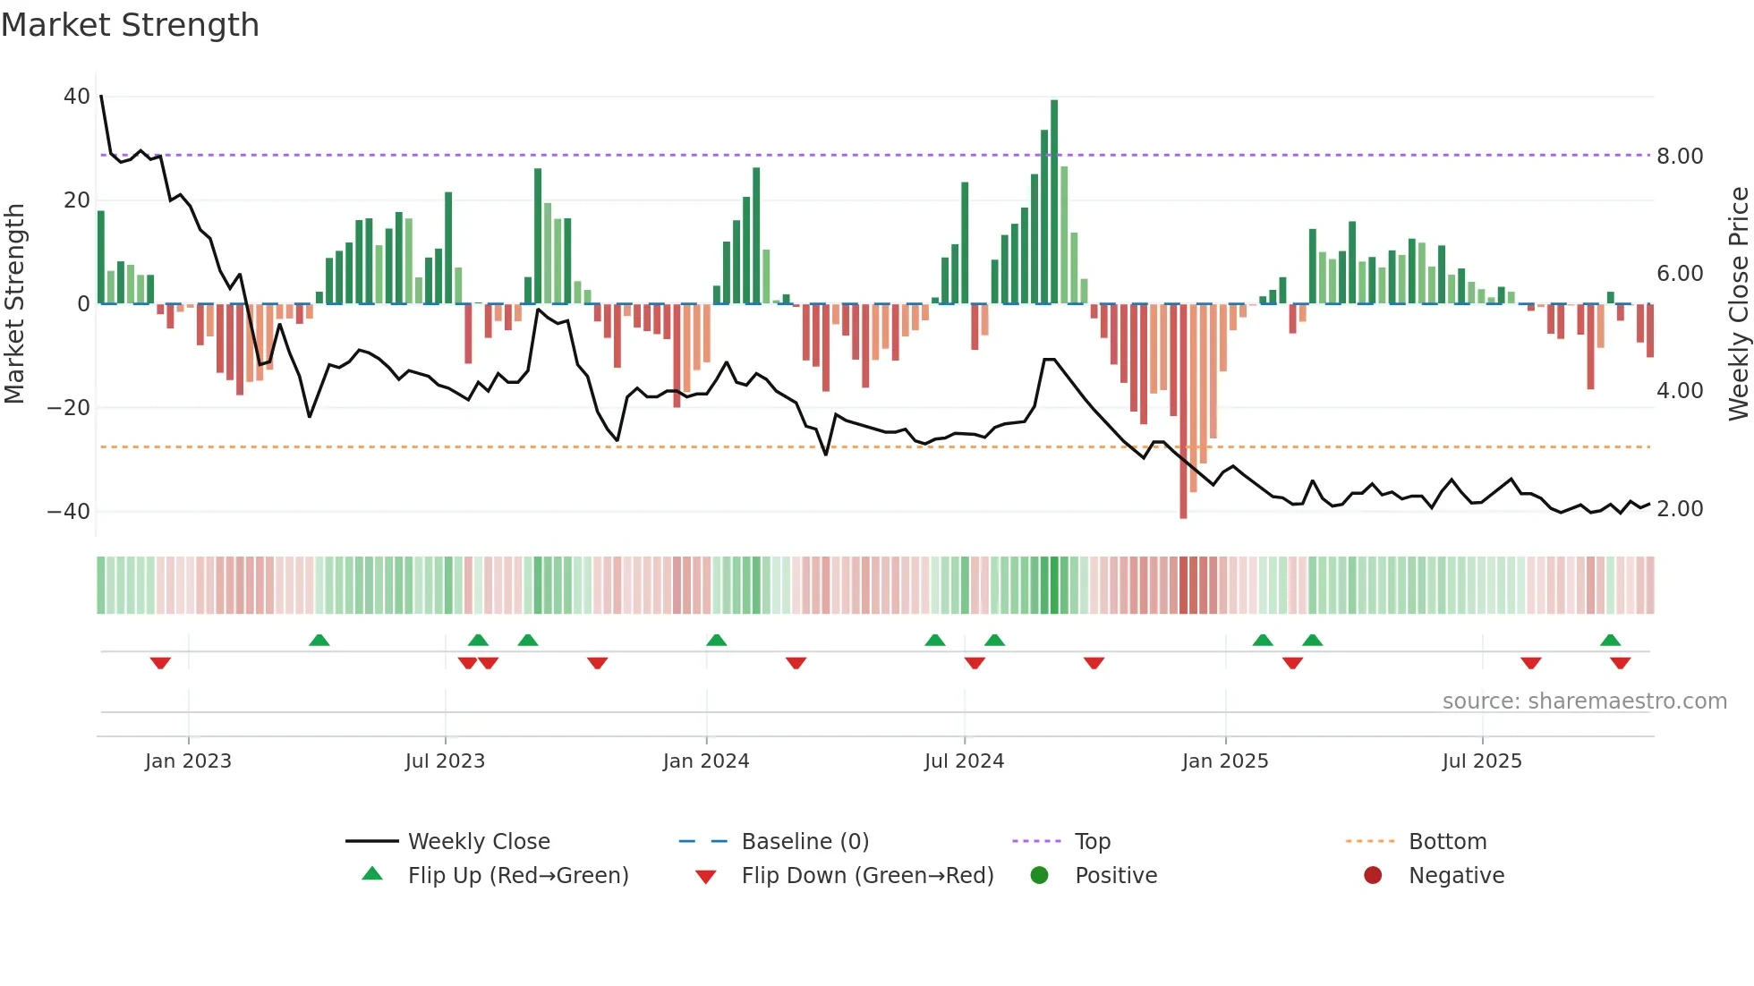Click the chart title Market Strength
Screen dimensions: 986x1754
point(130,25)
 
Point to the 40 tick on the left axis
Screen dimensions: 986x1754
point(77,97)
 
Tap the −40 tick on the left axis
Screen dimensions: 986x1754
point(69,512)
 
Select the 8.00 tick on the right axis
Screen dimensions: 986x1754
point(1680,157)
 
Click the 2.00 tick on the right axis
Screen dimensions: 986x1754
point(1680,509)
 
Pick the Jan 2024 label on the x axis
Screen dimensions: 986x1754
point(706,761)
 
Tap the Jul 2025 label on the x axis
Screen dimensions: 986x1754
point(1482,761)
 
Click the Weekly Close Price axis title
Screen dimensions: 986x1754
point(1738,304)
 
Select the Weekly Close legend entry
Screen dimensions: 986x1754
point(479,842)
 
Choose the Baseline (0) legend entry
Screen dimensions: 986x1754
point(805,842)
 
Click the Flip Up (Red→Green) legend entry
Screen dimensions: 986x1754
point(518,876)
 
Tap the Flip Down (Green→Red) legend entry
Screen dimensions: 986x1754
point(867,876)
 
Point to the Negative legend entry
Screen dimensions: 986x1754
point(1456,876)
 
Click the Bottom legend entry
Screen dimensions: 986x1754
point(1447,842)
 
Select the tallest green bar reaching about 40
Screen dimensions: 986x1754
point(1054,201)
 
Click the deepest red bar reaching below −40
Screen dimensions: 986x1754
point(1183,412)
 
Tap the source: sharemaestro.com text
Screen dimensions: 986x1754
point(1584,701)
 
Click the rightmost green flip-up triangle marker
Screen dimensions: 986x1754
point(1610,641)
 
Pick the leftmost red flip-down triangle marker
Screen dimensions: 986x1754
point(160,663)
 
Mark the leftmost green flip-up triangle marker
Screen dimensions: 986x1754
point(319,641)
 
